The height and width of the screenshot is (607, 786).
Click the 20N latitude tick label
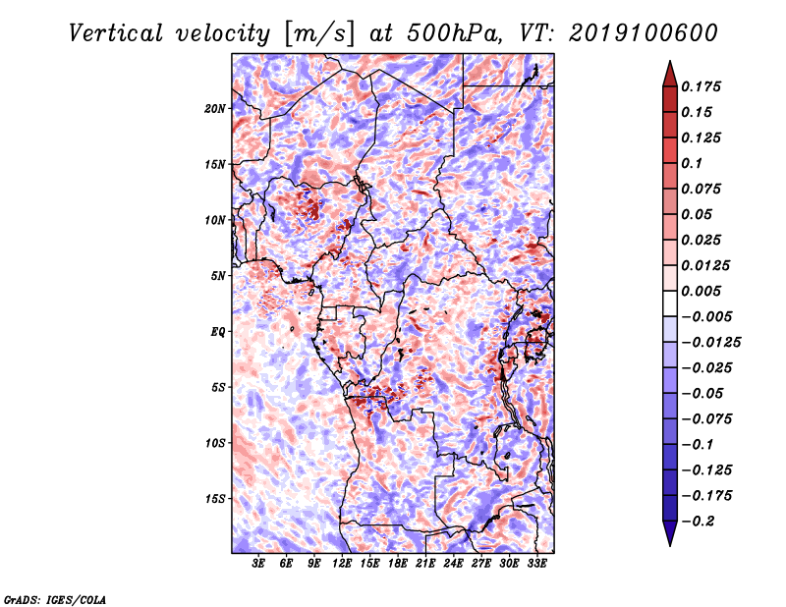[x=215, y=109]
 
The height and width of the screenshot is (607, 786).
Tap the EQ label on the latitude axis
[x=218, y=332]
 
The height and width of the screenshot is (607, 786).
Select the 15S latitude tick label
[x=215, y=499]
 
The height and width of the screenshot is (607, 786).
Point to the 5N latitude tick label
[x=218, y=276]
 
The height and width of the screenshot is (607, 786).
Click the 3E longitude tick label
[x=258, y=564]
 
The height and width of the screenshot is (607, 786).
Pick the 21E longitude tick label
[x=425, y=564]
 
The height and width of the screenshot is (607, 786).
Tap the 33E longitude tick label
[x=536, y=564]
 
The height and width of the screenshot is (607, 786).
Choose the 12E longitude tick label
[x=342, y=564]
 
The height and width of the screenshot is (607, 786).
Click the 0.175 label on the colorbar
[x=701, y=86]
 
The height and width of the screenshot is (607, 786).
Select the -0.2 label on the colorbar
[x=698, y=522]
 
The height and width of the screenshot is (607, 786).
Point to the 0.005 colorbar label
[x=701, y=291]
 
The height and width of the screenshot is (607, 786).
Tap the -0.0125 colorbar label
[x=710, y=343]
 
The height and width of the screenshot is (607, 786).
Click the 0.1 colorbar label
[x=692, y=163]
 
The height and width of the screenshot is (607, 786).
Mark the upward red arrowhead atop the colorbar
[x=670, y=74]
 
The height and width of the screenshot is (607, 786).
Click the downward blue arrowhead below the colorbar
[x=670, y=533]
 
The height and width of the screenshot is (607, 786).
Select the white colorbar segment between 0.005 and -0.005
[x=670, y=303]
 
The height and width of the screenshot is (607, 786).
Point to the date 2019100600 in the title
[x=644, y=33]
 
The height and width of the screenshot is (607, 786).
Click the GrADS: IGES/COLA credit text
[x=55, y=599]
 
